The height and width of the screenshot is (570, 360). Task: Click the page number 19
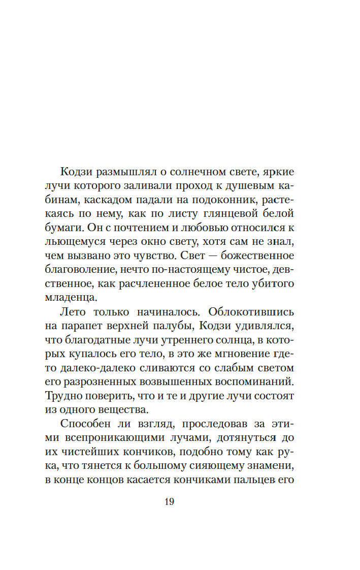pyautogui.click(x=170, y=501)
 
